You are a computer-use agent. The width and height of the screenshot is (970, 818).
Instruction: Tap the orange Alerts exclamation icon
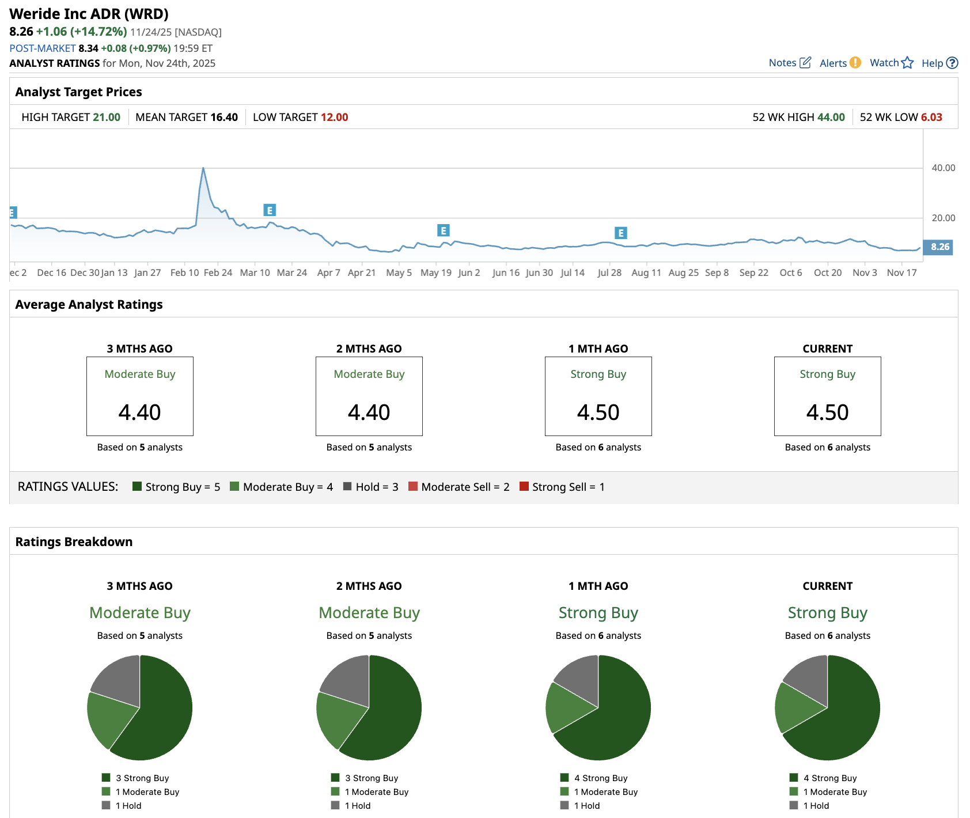click(x=855, y=63)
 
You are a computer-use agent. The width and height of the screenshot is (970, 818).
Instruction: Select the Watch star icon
click(x=907, y=63)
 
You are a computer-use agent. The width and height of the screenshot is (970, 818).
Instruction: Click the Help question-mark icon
click(x=952, y=63)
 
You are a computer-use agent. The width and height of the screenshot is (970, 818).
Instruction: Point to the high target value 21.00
click(x=107, y=118)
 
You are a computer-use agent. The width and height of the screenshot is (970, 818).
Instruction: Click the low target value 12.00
click(x=334, y=118)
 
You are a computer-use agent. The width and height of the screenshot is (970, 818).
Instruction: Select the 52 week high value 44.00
click(x=831, y=118)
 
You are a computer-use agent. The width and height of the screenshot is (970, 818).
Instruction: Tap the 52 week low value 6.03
click(x=931, y=118)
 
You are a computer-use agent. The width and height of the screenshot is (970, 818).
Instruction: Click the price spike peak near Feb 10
click(x=203, y=168)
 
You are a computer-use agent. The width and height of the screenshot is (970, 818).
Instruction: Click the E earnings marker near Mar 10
click(x=270, y=210)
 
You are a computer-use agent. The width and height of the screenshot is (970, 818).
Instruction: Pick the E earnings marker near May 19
click(x=443, y=230)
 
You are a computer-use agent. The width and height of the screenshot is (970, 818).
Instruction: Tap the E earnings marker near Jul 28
click(x=620, y=233)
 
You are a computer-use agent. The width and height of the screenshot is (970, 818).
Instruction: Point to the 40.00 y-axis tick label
click(x=943, y=168)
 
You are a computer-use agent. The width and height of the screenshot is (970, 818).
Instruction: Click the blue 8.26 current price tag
click(x=939, y=247)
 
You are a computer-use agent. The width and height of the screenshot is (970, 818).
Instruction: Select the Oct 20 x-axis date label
click(x=827, y=273)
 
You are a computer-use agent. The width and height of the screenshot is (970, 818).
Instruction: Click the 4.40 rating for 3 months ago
click(x=140, y=412)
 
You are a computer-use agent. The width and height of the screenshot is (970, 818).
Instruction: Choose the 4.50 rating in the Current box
click(x=827, y=412)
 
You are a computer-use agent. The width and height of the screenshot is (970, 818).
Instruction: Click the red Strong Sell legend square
click(x=524, y=486)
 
